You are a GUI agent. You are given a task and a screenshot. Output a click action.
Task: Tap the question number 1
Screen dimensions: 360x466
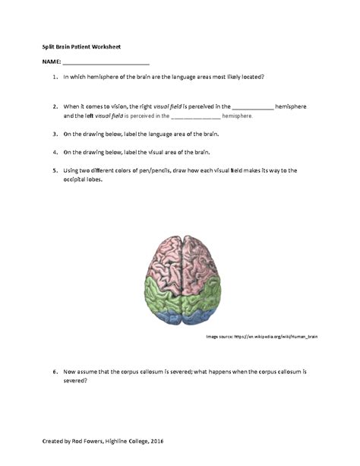55,78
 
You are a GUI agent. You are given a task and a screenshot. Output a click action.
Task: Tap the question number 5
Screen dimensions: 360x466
55,170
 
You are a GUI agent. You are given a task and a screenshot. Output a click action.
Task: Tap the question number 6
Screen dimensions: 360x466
55,372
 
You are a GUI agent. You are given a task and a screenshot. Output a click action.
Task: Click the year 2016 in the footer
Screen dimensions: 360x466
156,441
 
